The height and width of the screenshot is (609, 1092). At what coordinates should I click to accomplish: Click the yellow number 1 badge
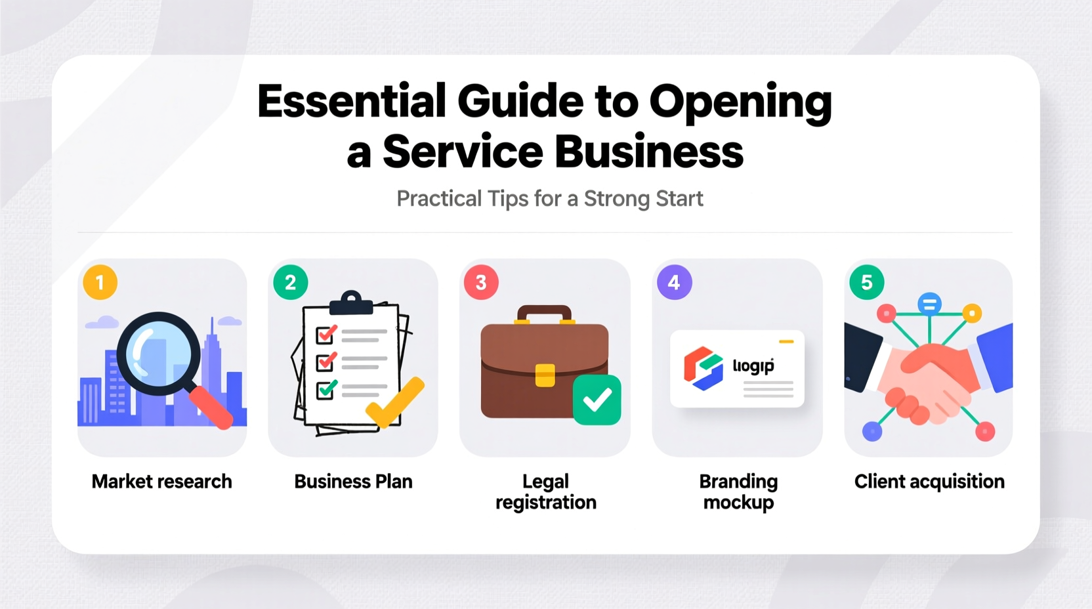pos(100,283)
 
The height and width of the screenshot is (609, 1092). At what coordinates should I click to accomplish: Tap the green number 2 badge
pos(290,283)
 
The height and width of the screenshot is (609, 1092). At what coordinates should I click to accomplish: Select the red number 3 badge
pos(481,283)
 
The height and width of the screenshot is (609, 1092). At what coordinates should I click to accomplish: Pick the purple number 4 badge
pos(674,283)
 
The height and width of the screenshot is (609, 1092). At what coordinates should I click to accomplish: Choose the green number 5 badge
pos(866,283)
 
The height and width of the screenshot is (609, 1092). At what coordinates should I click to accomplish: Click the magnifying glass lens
pos(158,354)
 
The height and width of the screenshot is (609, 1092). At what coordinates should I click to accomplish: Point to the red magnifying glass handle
pos(211,408)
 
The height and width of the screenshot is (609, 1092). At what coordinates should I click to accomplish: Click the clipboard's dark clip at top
pos(351,303)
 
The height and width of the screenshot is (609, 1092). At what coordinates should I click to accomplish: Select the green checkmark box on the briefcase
pos(597,400)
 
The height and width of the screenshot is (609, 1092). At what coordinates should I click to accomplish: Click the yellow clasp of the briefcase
pos(545,375)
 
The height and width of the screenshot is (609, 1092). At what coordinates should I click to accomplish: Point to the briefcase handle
pos(544,314)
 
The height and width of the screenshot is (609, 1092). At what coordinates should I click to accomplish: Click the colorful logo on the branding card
pos(703,367)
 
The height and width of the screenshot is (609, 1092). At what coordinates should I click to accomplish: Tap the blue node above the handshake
pos(929,304)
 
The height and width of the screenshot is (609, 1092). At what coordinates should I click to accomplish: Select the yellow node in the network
pos(972,313)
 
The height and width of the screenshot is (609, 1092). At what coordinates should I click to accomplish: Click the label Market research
pos(161,482)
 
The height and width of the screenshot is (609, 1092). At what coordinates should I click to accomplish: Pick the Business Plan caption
pos(353,482)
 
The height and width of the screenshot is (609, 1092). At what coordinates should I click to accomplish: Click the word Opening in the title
pos(740,103)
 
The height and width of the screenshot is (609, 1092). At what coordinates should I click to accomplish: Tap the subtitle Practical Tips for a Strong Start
pos(549,199)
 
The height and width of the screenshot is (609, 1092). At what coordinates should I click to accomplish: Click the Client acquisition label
pos(929,482)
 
